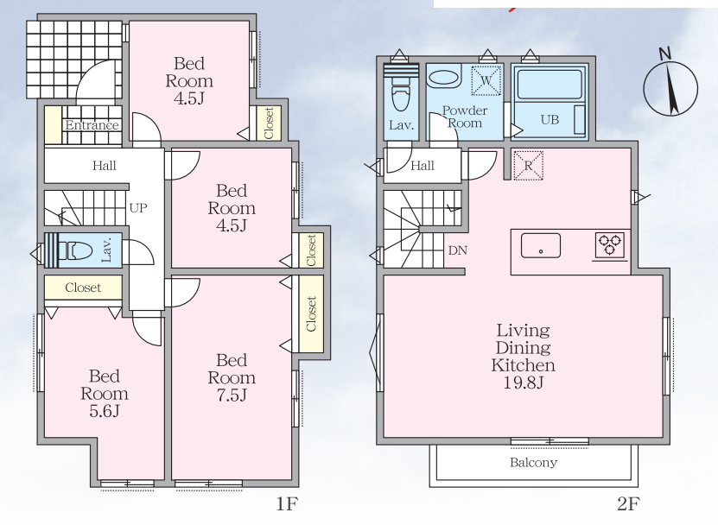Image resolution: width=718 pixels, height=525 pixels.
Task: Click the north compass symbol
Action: (x=670, y=87)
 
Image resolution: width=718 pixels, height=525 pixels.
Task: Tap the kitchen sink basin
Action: (x=540, y=246)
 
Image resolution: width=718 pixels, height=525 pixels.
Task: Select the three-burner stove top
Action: (x=610, y=245)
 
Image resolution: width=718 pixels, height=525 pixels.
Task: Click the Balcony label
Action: (x=533, y=462)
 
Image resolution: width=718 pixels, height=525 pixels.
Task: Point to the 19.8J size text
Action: (x=524, y=383)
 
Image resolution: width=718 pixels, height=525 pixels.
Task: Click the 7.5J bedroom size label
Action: (x=232, y=395)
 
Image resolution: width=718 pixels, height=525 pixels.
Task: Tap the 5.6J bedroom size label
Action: (x=105, y=412)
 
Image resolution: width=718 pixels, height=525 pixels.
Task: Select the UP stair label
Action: (x=138, y=208)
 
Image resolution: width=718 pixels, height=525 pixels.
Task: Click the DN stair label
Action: (x=457, y=250)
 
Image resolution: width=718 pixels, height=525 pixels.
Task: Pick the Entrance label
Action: (x=92, y=125)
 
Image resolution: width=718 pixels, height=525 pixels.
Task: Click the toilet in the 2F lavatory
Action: (x=401, y=93)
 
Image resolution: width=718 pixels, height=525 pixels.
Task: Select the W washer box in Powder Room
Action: (x=486, y=81)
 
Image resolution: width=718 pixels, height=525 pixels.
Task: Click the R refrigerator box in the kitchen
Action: (x=528, y=165)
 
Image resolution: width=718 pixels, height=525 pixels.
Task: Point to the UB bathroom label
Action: (x=550, y=120)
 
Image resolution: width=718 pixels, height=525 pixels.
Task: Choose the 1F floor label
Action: (x=287, y=504)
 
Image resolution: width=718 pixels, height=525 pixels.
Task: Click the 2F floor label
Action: (x=628, y=504)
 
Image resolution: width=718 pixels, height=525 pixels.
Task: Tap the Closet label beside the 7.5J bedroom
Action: (x=311, y=313)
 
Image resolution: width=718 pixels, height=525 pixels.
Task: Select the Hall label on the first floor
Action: (x=104, y=165)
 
